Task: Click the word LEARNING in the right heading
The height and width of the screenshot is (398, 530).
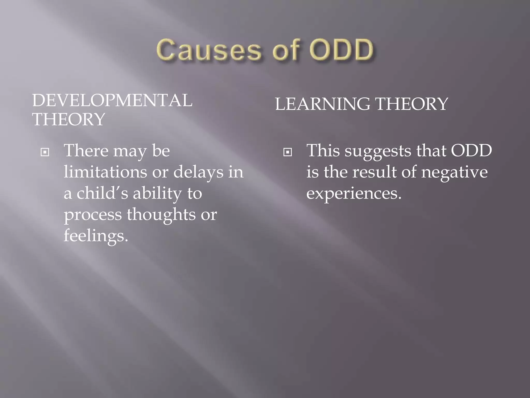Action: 322,104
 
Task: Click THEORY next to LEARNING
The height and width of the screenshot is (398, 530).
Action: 411,104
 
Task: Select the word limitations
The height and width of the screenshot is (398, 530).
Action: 105,172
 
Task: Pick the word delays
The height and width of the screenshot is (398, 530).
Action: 198,172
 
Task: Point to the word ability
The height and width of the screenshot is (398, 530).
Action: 157,194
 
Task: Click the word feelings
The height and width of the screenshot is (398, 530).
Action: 95,236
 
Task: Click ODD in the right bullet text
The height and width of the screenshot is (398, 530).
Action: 471,151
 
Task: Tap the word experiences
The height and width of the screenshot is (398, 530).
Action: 354,194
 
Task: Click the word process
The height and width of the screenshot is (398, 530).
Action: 93,215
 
